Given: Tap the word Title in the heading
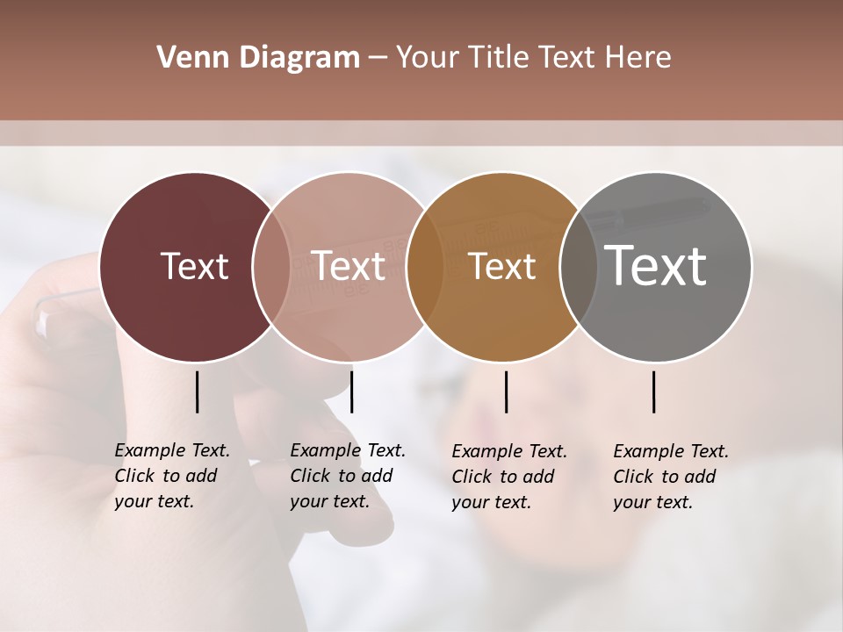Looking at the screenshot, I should coord(500,58).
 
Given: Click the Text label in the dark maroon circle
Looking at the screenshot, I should coord(194,266).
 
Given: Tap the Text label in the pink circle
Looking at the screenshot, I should coord(349,266).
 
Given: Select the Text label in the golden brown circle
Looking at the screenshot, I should coord(502,267).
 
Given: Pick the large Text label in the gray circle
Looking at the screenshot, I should coord(656,265).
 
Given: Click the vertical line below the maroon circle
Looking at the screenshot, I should coord(197,391).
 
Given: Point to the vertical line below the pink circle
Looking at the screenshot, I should coord(351,391).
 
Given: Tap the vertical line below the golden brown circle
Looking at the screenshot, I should coord(506,391).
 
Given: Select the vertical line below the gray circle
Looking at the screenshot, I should coord(654,391).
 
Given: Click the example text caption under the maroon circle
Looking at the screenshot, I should coord(172,476).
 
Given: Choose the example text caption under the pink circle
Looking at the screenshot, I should coord(348,476).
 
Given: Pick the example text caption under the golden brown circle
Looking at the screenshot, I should coord(509,477).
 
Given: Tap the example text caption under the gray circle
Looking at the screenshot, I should coord(671,477).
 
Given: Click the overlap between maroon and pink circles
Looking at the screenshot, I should coord(271,267).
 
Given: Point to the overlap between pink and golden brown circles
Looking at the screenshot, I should coord(425,267).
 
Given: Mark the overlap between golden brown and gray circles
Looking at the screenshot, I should coord(579,267).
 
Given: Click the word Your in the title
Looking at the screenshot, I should coord(426,58).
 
